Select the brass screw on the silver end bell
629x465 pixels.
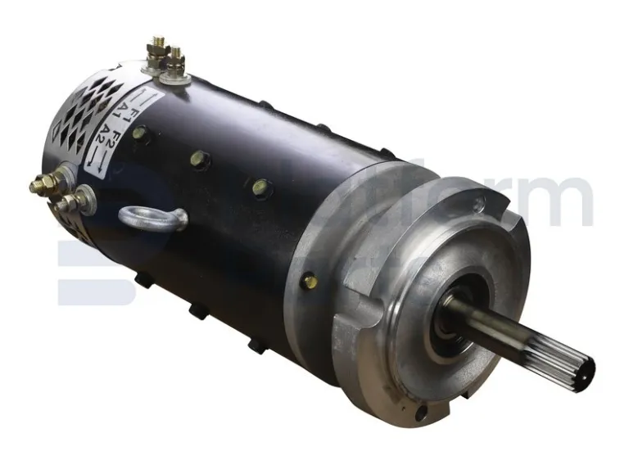[x=310, y=281]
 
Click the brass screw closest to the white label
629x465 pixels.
[x=140, y=132]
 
